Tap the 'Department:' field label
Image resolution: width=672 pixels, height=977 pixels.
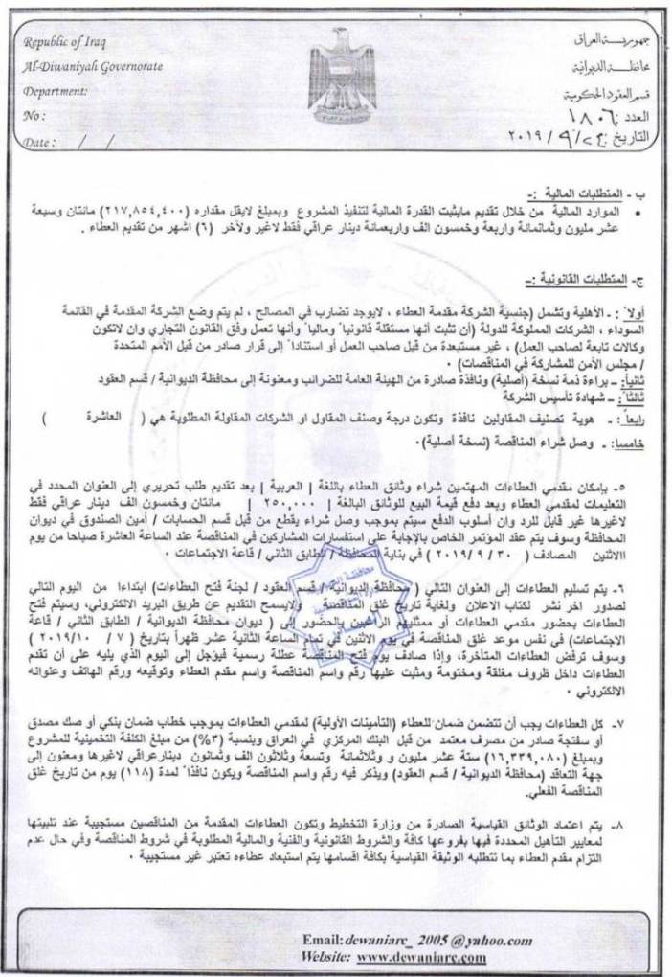click(x=61, y=92)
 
